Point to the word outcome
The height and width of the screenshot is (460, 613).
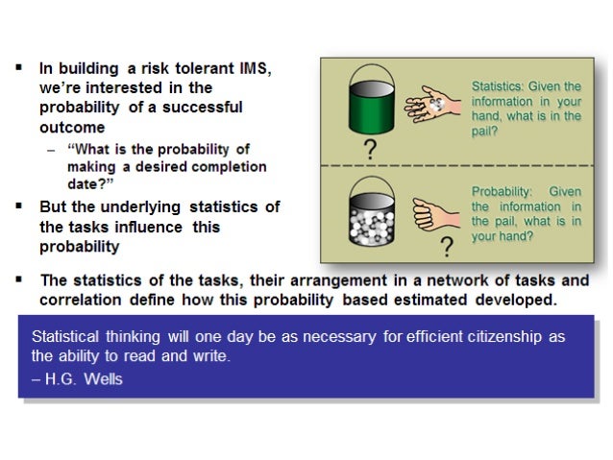pos(72,125)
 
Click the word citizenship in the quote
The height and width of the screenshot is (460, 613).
pos(506,337)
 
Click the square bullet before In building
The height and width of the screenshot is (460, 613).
pos(19,68)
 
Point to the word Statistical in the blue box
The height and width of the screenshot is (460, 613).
pos(66,337)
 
